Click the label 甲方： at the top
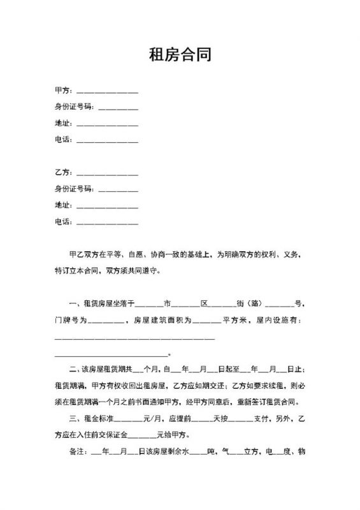pyautogui.click(x=64, y=91)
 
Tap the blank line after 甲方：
pyautogui.click(x=106, y=92)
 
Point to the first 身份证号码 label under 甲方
pyautogui.click(x=75, y=106)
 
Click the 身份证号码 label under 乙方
pyautogui.click(x=75, y=189)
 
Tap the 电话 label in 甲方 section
pyautogui.click(x=64, y=139)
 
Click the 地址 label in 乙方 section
pyautogui.click(x=64, y=205)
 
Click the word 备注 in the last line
pyautogui.click(x=75, y=452)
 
